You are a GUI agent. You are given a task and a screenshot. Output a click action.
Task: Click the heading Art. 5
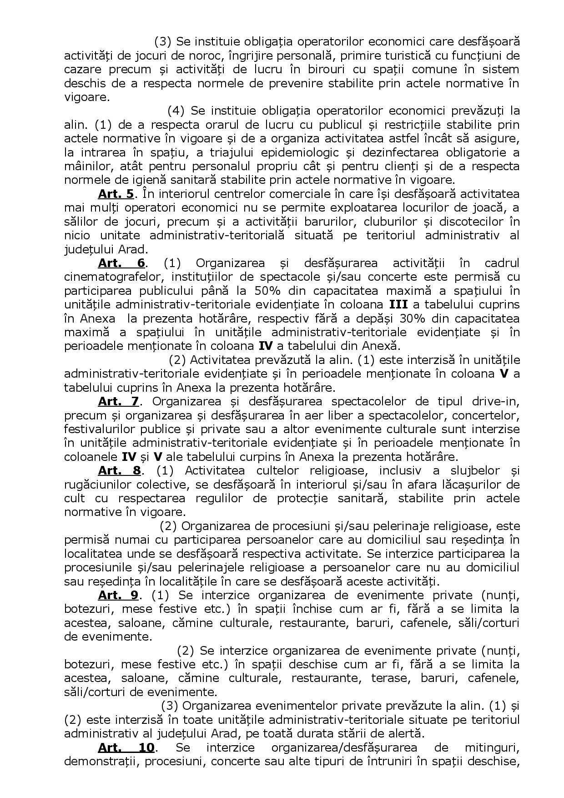click(116, 194)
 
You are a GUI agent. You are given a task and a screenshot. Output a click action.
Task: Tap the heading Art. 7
click(118, 401)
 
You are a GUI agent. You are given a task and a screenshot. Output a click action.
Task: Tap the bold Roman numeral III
click(398, 304)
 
